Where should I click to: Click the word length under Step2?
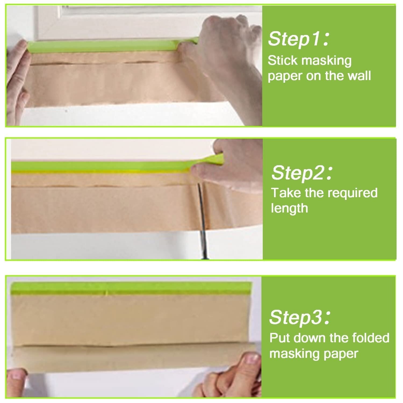pos(289,208)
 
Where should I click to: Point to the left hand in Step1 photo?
pos(17,81)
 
